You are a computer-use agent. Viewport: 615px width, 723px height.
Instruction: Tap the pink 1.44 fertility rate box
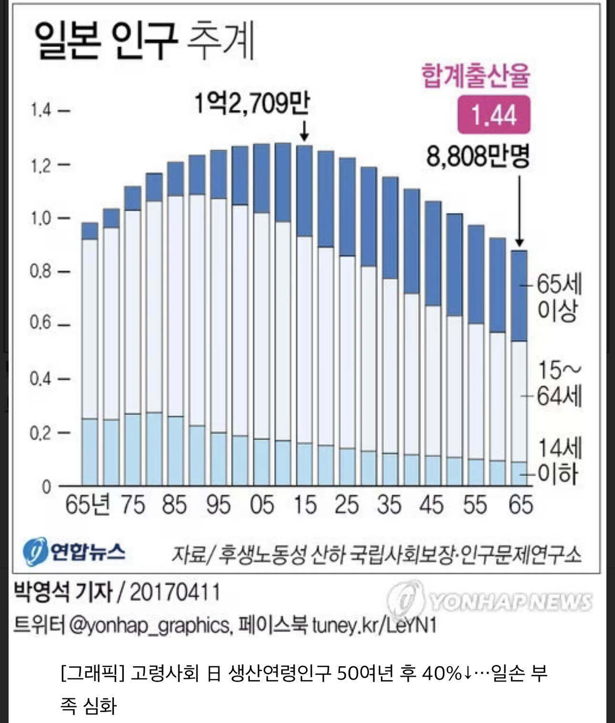(x=493, y=115)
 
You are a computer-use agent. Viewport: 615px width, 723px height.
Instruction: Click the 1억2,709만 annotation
(x=252, y=103)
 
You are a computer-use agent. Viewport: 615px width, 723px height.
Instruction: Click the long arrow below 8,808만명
(x=519, y=212)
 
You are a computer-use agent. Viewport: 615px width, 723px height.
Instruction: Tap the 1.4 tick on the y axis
(x=41, y=111)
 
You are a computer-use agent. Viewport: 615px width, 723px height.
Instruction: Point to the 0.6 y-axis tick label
(x=40, y=323)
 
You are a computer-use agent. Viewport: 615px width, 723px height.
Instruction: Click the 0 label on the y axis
(x=46, y=486)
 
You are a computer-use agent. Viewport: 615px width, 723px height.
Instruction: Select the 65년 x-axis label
(x=87, y=505)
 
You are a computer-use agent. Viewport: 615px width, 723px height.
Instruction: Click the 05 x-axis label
(x=262, y=505)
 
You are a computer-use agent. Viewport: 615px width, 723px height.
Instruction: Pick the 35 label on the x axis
(x=389, y=505)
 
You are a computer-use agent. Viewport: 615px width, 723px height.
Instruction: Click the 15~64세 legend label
(x=559, y=383)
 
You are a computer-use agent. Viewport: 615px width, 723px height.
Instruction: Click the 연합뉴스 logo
(x=74, y=552)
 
